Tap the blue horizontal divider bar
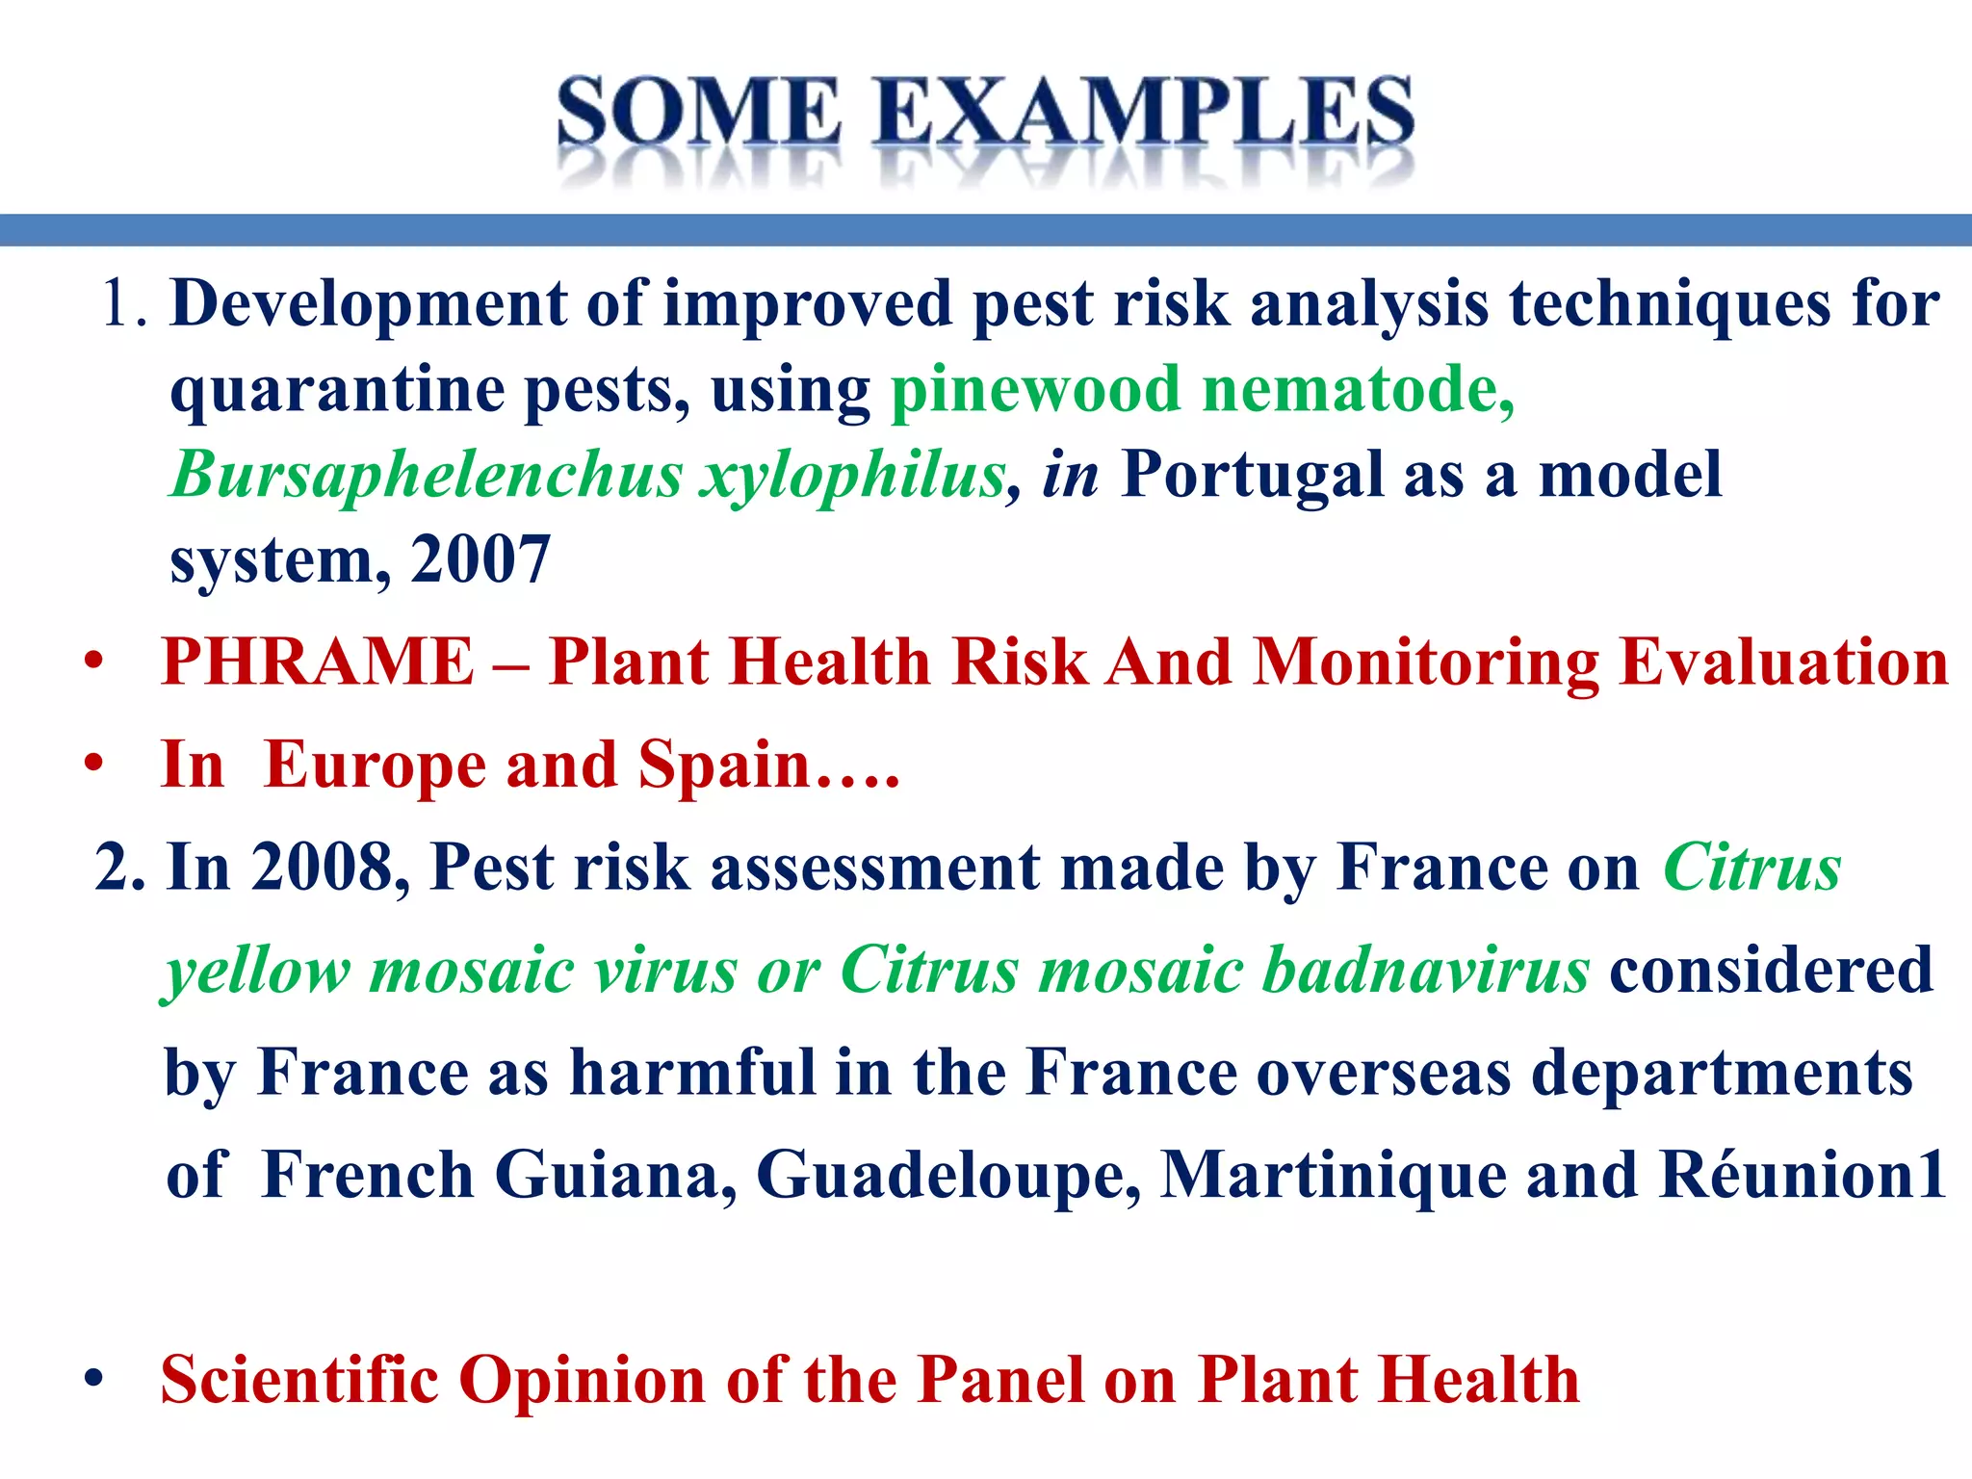tap(986, 230)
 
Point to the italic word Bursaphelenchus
tap(427, 475)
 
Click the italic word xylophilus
tap(852, 475)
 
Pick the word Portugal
tap(1252, 475)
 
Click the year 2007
tap(480, 559)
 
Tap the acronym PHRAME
tap(318, 662)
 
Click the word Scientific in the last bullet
tap(299, 1380)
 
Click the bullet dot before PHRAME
tap(93, 664)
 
